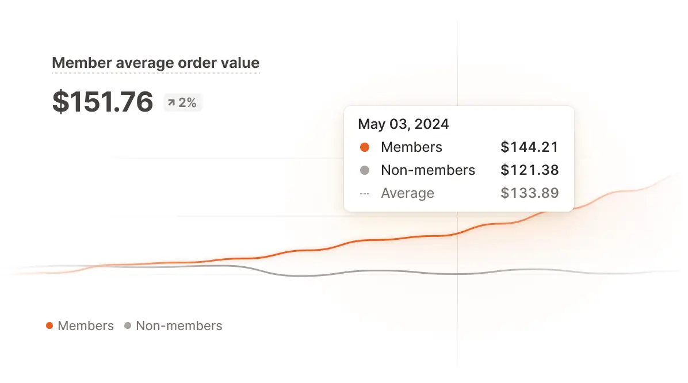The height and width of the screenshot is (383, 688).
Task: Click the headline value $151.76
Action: [102, 102]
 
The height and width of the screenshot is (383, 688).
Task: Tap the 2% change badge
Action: [182, 103]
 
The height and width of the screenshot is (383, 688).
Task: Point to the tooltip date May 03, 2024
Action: [403, 124]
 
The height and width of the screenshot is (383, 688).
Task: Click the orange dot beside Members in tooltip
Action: [364, 147]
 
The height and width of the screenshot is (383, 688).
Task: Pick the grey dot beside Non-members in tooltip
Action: [364, 170]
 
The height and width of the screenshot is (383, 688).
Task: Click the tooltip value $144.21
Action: [529, 147]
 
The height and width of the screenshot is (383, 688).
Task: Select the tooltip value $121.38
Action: [529, 170]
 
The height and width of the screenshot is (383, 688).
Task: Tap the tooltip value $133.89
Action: [529, 193]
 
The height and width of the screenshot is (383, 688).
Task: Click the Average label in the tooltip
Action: [407, 193]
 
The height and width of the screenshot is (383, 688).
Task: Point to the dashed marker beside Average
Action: [364, 194]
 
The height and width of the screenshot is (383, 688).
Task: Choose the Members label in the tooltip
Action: [411, 147]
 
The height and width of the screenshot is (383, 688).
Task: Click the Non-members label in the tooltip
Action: [428, 170]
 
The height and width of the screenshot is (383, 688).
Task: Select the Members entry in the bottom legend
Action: [86, 326]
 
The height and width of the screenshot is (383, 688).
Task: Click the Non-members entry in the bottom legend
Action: [179, 326]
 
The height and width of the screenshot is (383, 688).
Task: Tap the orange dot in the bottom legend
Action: [49, 326]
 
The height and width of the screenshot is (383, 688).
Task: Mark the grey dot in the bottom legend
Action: [128, 326]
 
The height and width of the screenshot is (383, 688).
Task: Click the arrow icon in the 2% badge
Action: [171, 103]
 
